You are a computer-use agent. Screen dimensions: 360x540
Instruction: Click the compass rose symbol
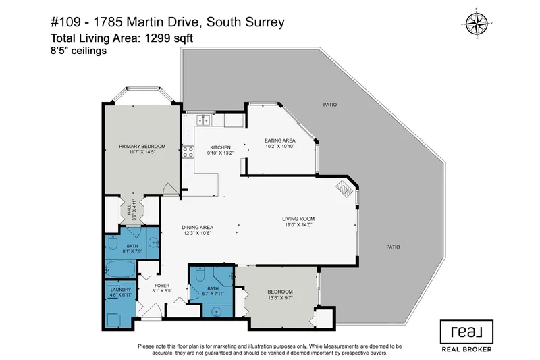pyautogui.click(x=478, y=24)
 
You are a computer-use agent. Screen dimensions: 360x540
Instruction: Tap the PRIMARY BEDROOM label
pyautogui.click(x=142, y=146)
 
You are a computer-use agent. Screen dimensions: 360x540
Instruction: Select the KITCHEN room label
pyautogui.click(x=220, y=147)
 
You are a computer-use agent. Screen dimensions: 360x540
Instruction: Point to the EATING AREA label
pyautogui.click(x=280, y=140)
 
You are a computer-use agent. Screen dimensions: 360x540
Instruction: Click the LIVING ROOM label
pyautogui.click(x=298, y=219)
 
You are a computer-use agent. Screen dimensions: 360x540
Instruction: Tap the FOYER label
pyautogui.click(x=161, y=285)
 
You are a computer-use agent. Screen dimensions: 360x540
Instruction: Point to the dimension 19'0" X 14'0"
pyautogui.click(x=298, y=226)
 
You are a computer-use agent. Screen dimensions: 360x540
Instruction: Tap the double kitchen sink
pyautogui.click(x=204, y=120)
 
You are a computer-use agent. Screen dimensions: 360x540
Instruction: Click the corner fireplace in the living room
pyautogui.click(x=346, y=188)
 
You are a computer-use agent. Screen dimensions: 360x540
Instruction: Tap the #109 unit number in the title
pyautogui.click(x=67, y=23)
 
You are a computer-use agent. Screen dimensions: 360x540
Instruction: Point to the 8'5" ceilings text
pyautogui.click(x=80, y=51)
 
